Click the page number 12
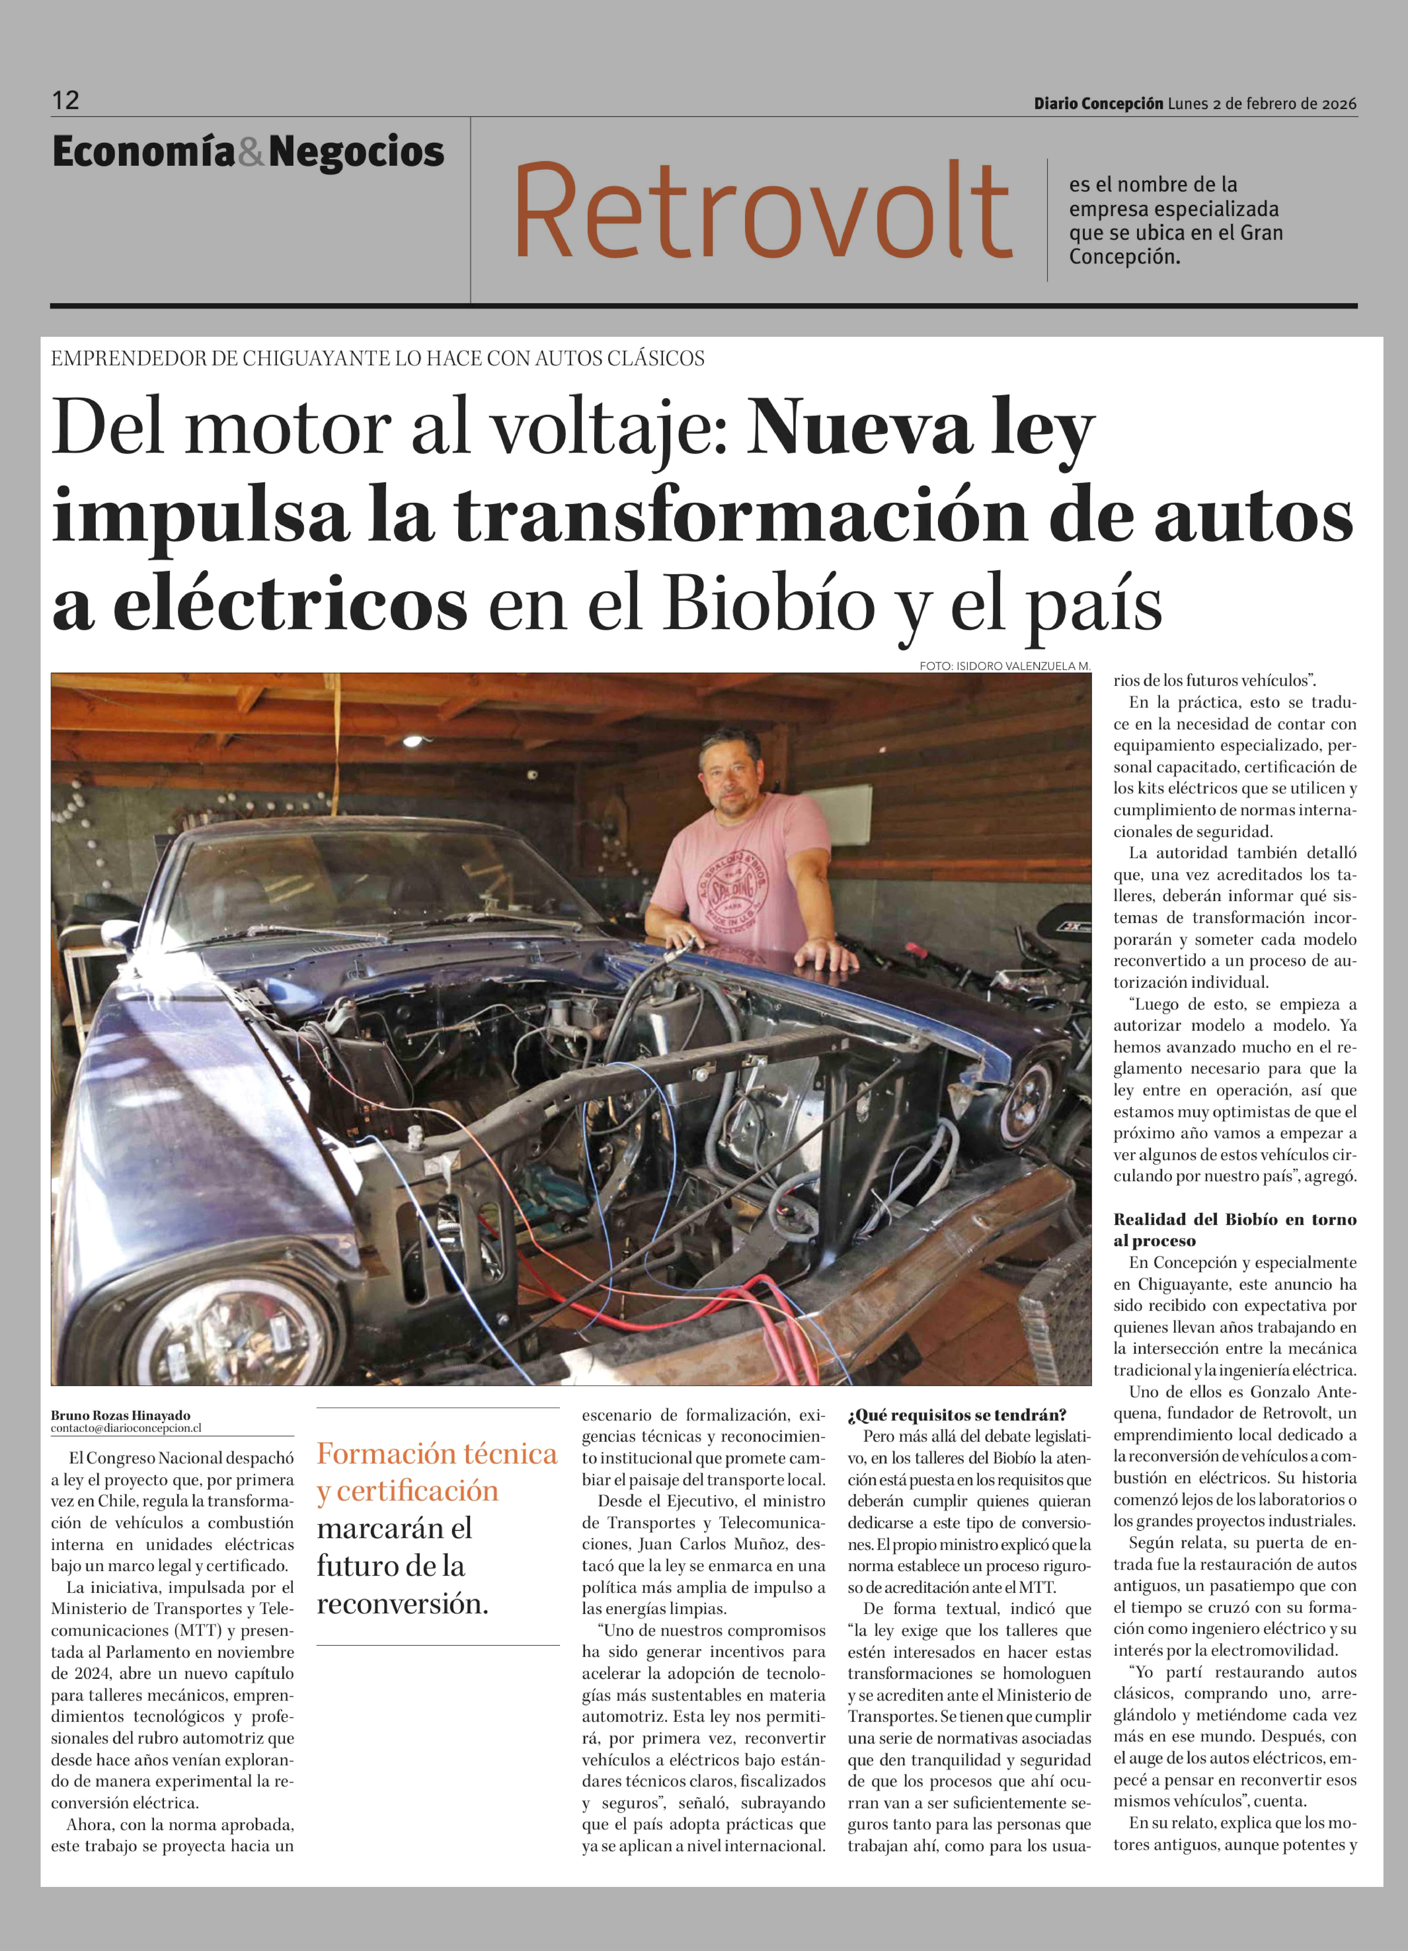tap(65, 101)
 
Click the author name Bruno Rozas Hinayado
tap(121, 1415)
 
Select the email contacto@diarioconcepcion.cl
tap(126, 1428)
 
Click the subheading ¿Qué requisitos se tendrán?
tap(957, 1415)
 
